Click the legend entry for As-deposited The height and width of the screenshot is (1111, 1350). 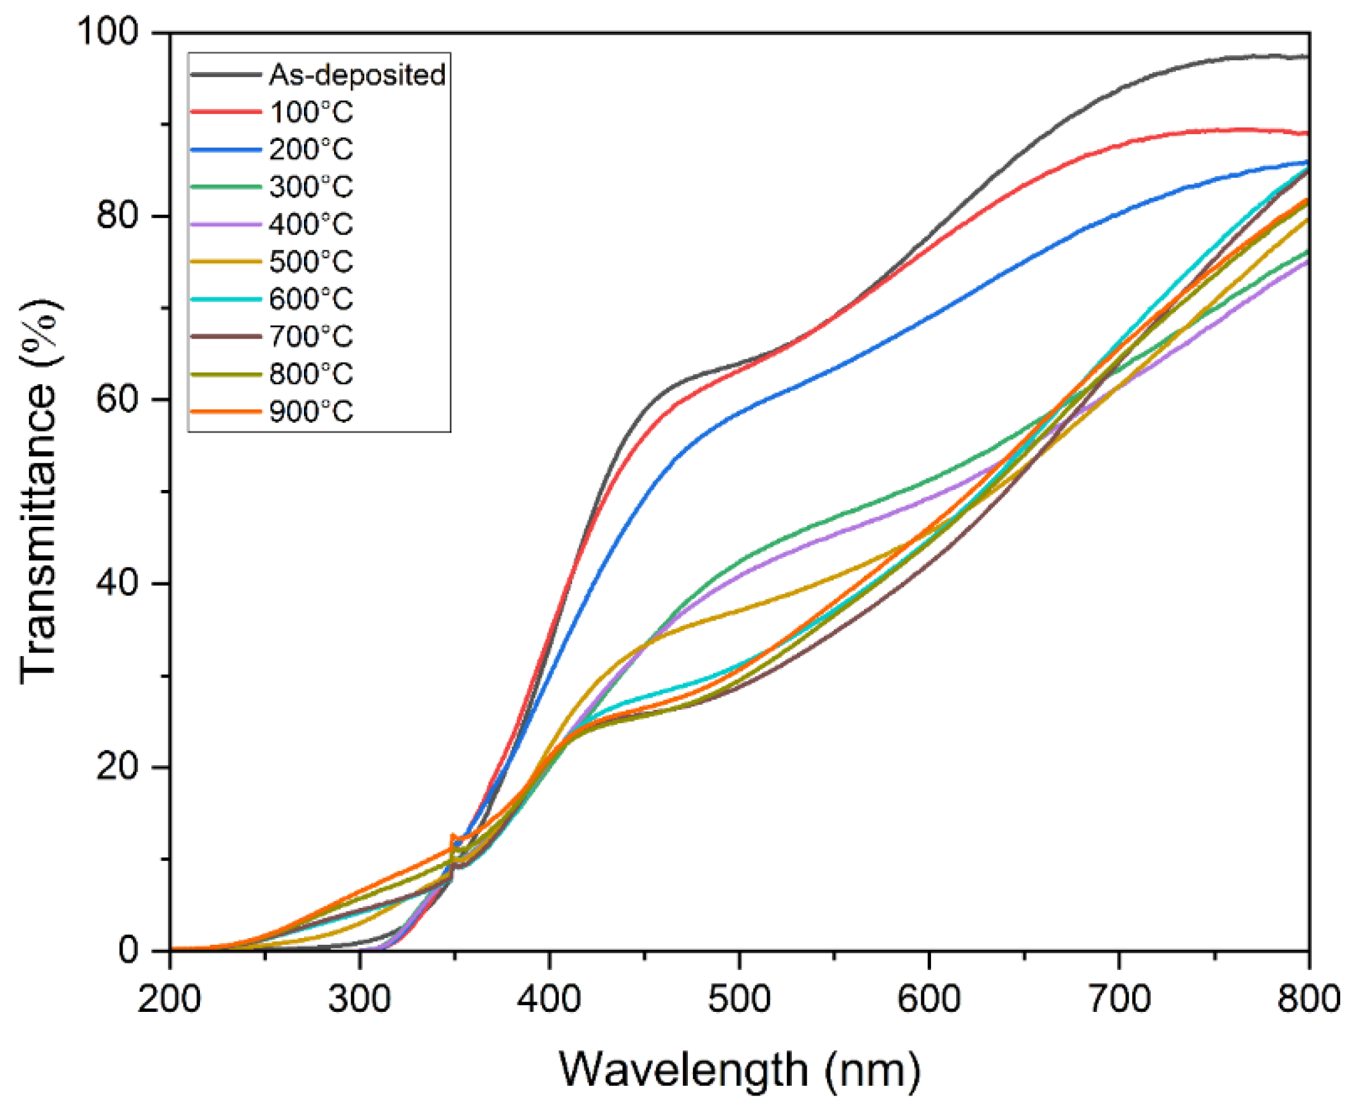pos(356,75)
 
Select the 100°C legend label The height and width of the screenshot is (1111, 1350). pos(310,112)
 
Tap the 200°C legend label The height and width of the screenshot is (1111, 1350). pos(310,149)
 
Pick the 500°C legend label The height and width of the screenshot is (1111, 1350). pos(310,261)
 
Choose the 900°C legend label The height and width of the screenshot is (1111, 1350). pos(310,411)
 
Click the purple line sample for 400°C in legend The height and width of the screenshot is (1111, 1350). pos(226,224)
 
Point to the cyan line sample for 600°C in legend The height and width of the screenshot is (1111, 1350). pos(226,299)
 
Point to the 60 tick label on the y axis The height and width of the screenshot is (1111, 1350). pos(117,399)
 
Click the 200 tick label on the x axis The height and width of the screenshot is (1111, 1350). pos(170,999)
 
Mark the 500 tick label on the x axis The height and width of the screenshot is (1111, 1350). pos(739,999)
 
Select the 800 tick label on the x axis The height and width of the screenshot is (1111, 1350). pos(1308,999)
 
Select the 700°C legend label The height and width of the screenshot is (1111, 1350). pos(310,336)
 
